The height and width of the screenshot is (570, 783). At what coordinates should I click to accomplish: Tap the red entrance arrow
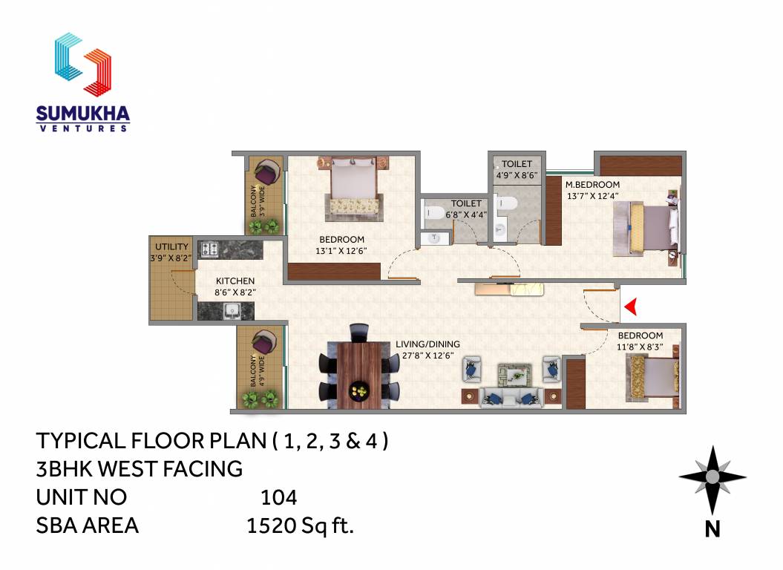point(632,306)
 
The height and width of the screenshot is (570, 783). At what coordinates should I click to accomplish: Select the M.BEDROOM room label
point(592,185)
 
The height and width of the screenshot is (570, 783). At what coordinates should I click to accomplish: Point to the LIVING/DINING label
point(427,344)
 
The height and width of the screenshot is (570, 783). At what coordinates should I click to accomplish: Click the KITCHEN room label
point(235,281)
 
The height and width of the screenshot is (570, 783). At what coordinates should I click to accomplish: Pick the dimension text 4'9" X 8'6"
point(517,175)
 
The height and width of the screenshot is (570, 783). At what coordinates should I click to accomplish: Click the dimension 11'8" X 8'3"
point(640,347)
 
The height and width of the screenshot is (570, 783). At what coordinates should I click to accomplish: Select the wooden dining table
point(360,375)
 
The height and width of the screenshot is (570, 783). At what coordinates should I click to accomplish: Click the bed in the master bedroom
point(646,226)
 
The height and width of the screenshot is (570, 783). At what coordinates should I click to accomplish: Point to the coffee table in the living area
point(512,373)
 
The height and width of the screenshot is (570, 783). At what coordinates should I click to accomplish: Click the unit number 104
point(279,497)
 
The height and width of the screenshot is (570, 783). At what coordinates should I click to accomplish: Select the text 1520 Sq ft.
point(300,526)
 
